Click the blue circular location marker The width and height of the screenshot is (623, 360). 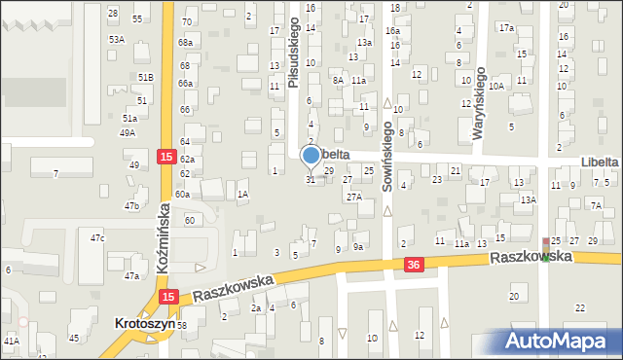[x=311, y=155]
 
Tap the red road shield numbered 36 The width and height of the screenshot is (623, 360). [x=414, y=265]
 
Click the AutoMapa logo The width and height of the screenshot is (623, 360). [x=557, y=341]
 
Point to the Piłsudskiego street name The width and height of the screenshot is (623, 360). [x=293, y=57]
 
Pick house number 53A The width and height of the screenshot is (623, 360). [x=117, y=39]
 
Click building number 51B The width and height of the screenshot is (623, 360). [x=145, y=76]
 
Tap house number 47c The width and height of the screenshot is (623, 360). [x=97, y=237]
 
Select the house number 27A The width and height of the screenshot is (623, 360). [x=354, y=197]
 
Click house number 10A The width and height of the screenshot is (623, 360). [x=496, y=87]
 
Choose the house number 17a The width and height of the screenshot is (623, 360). [x=506, y=28]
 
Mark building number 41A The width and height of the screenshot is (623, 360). [x=12, y=341]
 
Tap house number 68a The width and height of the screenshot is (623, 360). [x=185, y=43]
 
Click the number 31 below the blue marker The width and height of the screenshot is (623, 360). [x=311, y=180]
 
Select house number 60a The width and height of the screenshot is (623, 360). [x=182, y=195]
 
